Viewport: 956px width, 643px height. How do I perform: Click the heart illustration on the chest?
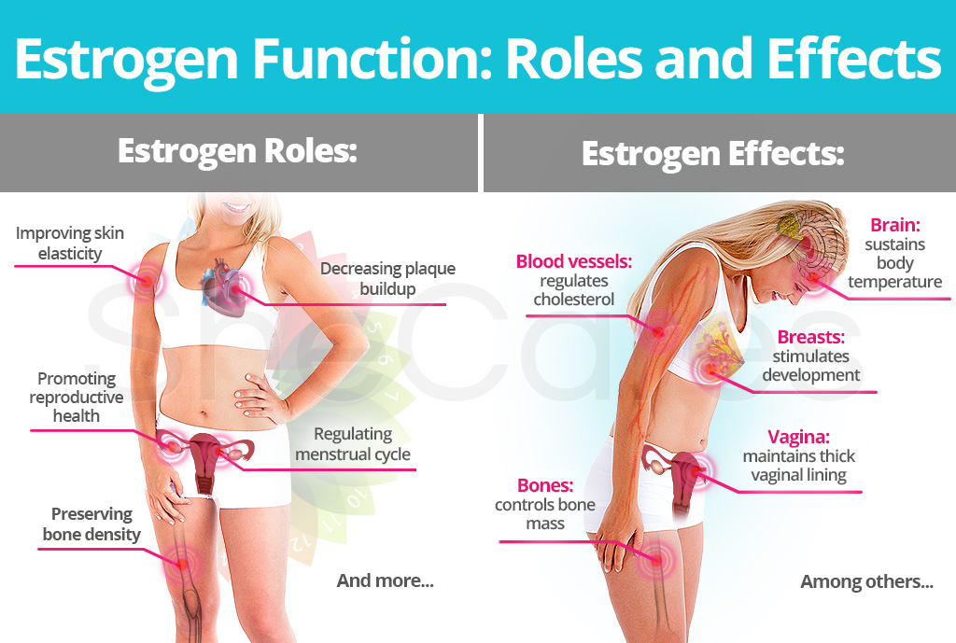[223, 287]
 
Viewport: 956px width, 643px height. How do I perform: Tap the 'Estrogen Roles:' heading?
[237, 151]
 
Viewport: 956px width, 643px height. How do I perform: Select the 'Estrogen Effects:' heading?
[712, 154]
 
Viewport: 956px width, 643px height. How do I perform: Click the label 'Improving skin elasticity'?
[69, 244]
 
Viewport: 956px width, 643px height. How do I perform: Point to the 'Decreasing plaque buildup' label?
[387, 278]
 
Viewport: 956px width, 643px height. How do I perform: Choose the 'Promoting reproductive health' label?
[77, 398]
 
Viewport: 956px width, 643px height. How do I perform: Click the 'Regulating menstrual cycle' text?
[353, 444]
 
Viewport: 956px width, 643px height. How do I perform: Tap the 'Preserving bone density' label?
[91, 524]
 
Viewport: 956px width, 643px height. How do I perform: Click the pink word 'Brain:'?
[895, 225]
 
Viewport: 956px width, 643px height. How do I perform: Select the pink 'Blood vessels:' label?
[574, 261]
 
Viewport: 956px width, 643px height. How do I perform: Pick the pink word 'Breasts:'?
[811, 337]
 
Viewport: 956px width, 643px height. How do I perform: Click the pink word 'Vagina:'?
[799, 437]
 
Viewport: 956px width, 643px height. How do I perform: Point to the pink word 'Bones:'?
[545, 485]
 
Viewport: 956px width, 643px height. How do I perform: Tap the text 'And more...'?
[386, 580]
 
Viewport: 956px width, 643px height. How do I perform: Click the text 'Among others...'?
[867, 582]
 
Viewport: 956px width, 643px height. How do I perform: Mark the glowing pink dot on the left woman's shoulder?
[145, 281]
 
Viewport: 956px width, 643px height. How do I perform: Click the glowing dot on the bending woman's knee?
[656, 559]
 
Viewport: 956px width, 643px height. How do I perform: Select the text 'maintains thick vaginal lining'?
[799, 466]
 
